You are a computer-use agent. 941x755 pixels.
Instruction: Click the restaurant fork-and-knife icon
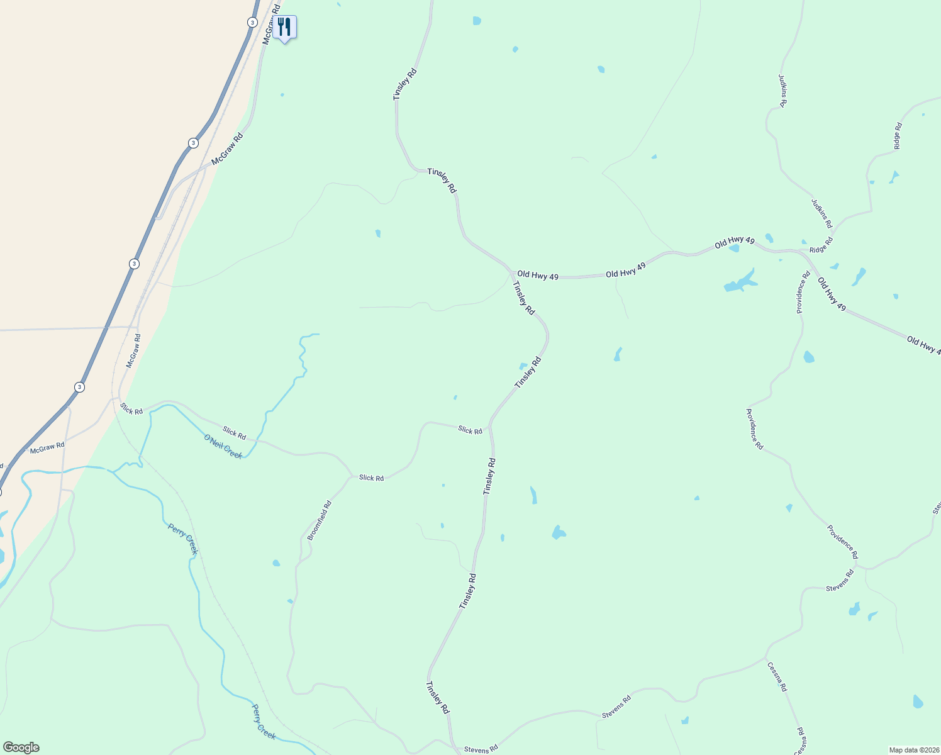coord(284,27)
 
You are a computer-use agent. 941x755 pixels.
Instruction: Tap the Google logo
coord(21,747)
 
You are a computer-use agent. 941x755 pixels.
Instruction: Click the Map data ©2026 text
coord(913,750)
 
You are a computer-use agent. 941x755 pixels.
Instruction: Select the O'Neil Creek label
coord(223,446)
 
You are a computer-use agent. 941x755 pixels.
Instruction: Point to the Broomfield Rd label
coord(319,520)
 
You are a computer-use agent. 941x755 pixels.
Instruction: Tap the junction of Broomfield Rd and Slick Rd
coord(351,476)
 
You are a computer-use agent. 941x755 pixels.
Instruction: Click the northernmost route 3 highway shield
coord(252,22)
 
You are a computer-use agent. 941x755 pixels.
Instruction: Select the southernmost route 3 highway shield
coord(79,387)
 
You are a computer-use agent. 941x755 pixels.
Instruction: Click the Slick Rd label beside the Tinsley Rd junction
coord(470,430)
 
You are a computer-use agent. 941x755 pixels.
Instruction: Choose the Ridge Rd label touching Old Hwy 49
coord(821,245)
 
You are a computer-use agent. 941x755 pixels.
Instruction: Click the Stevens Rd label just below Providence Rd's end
coord(840,580)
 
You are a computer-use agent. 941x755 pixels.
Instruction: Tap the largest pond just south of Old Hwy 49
coord(740,281)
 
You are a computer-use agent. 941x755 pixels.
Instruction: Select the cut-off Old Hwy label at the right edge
coord(923,345)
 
